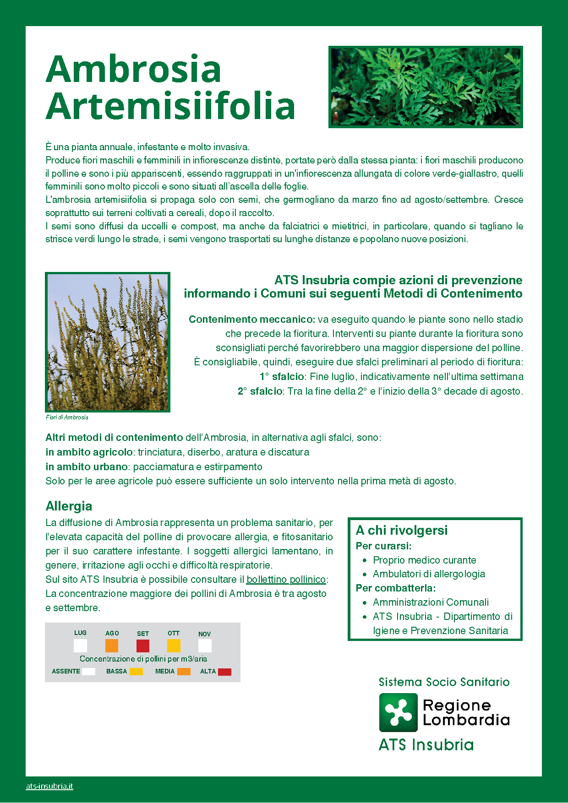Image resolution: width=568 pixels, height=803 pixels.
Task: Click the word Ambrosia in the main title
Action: point(133,69)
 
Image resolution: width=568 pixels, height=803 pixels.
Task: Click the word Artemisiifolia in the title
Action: point(170,106)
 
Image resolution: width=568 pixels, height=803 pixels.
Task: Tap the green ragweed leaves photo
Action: point(426,87)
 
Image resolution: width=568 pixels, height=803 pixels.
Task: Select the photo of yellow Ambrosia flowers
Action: point(108,342)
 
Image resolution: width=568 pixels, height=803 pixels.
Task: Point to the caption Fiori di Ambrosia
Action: point(67,418)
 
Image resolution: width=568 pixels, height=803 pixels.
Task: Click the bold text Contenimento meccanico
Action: point(251,320)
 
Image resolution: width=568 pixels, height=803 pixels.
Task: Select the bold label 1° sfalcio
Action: point(282,377)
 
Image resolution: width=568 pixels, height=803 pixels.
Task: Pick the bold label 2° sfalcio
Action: point(260,391)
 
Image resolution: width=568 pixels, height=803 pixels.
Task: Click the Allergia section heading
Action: point(69,506)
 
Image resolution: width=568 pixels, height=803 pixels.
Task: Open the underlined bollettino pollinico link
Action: point(286,580)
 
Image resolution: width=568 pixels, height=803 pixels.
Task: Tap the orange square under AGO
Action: point(112,646)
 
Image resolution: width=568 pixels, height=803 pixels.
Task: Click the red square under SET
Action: point(143,646)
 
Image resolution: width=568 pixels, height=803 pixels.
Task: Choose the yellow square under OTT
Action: point(174,646)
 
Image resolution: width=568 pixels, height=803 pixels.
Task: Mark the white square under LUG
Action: point(80,646)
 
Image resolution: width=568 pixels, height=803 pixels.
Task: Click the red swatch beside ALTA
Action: point(224,672)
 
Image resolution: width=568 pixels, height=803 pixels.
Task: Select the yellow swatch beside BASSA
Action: point(136,672)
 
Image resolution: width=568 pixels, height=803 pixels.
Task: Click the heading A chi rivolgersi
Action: point(402,531)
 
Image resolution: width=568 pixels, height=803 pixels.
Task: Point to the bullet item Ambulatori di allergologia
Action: point(429,574)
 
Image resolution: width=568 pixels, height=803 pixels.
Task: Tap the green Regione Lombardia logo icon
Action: point(398,712)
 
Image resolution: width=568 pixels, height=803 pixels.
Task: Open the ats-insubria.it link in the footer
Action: point(49,787)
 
